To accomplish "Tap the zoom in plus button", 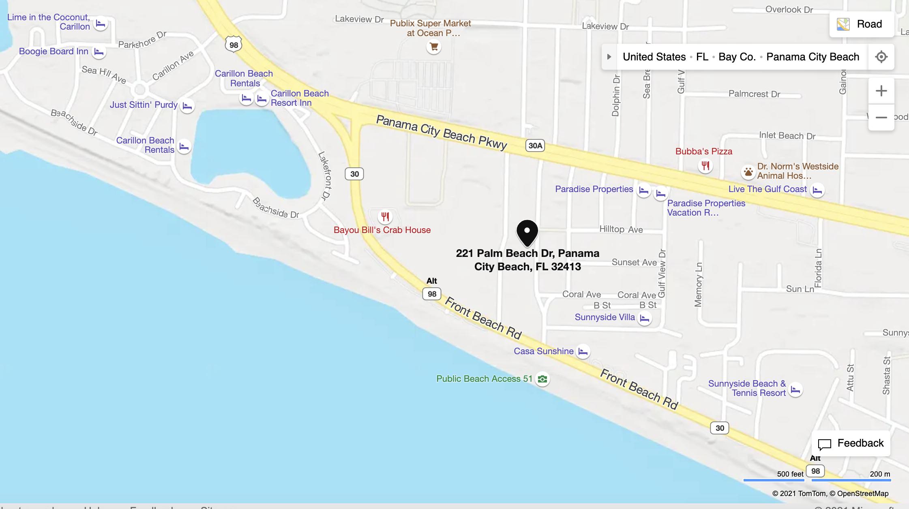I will tap(881, 91).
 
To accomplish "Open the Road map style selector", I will tap(862, 24).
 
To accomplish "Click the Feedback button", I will tap(851, 443).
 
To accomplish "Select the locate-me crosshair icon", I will tap(881, 57).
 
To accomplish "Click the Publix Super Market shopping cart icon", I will tap(433, 47).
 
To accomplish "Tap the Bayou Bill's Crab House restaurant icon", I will tap(385, 217).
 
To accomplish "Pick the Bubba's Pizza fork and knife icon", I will tap(705, 165).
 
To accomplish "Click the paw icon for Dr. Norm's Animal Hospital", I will tap(748, 172).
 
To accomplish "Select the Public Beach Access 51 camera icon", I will tap(542, 379).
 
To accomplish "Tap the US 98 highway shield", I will tap(234, 45).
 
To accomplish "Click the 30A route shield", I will tap(535, 146).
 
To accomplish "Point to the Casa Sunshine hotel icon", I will tap(583, 351).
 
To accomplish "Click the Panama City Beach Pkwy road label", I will tap(442, 132).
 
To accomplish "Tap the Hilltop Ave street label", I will tap(621, 229).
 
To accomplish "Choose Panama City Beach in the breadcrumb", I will tap(813, 57).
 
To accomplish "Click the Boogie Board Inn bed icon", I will tap(99, 52).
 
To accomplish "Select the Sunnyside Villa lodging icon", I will tap(644, 318).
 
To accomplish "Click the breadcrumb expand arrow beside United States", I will tap(609, 57).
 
